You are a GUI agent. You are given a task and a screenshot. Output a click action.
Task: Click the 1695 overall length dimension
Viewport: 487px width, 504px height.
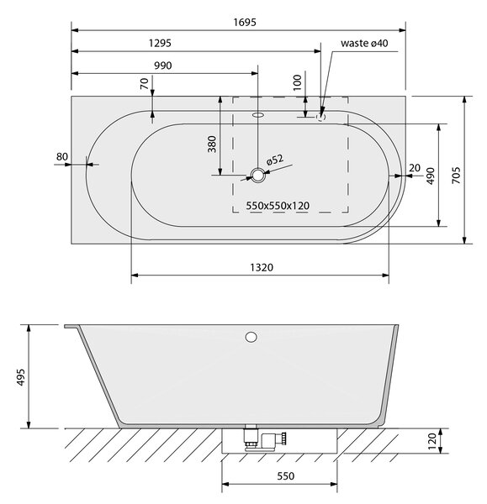click(245, 22)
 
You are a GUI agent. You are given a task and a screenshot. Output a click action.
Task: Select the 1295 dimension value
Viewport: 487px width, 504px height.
click(160, 43)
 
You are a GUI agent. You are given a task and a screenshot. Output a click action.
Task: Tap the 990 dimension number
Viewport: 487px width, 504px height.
click(163, 66)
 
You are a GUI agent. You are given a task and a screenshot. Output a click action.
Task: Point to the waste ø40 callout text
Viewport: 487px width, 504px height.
click(364, 43)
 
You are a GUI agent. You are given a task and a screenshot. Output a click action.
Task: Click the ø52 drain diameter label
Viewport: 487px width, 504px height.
click(275, 160)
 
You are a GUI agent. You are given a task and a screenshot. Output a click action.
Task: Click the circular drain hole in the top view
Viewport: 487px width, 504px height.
click(257, 176)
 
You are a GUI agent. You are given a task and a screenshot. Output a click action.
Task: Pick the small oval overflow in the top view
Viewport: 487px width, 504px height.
click(258, 114)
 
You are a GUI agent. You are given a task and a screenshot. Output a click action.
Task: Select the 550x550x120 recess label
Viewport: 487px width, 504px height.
click(278, 206)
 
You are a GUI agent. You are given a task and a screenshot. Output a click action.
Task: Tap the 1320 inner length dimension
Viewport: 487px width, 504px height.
click(262, 267)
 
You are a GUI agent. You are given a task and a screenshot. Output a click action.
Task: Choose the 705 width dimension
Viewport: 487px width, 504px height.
click(456, 176)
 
